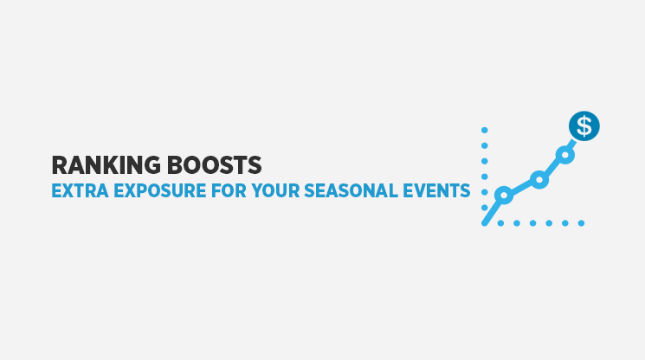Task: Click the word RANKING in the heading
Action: click(106, 165)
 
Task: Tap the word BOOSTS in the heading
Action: click(215, 165)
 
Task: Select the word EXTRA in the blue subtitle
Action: click(80, 191)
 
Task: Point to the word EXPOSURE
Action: click(159, 191)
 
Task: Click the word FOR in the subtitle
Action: click(229, 191)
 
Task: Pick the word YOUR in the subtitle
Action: click(275, 191)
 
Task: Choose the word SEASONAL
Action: click(351, 191)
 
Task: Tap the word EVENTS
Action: click(436, 191)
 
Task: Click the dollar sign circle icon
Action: click(584, 125)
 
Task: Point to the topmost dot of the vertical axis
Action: click(485, 131)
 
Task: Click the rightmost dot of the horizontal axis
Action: click(581, 223)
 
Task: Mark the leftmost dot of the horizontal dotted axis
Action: click(500, 223)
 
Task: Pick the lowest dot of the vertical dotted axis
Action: click(485, 208)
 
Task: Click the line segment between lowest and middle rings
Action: click(521, 188)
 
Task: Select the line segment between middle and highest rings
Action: click(552, 168)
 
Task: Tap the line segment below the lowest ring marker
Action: click(492, 213)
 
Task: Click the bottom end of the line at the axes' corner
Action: click(485, 223)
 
